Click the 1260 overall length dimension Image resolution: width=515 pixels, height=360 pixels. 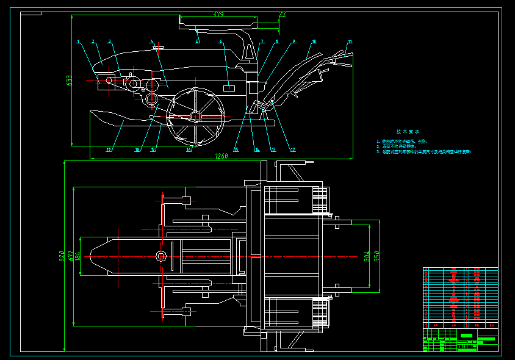(x=221, y=156)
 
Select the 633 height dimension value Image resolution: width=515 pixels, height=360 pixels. (x=69, y=80)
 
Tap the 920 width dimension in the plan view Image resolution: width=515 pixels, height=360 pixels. (x=62, y=257)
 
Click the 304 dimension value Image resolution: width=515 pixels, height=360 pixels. (x=367, y=256)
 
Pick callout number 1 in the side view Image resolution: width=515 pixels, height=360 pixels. (x=78, y=42)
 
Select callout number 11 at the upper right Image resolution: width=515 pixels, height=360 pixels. (x=350, y=41)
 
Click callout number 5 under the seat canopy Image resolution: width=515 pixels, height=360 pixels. (x=197, y=41)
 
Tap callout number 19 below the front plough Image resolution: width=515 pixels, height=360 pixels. (x=109, y=149)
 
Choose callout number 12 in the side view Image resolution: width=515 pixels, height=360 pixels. (x=292, y=149)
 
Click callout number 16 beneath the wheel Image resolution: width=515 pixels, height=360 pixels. (x=189, y=149)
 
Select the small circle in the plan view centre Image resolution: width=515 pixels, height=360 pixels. (x=161, y=256)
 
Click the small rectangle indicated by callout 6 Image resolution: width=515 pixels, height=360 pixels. (x=229, y=88)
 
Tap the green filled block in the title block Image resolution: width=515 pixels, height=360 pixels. (x=466, y=336)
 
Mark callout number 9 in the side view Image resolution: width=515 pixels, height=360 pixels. (x=294, y=41)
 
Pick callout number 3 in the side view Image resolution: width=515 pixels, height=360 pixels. (x=109, y=42)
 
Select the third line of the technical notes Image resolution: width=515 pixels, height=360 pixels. (x=424, y=151)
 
